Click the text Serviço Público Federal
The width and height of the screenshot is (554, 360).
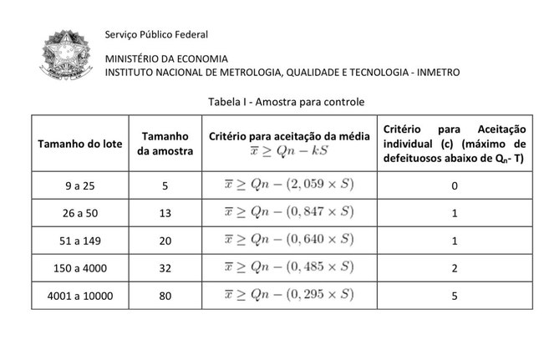point(156,34)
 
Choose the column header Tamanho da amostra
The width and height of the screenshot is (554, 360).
point(165,143)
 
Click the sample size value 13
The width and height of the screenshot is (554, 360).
point(165,213)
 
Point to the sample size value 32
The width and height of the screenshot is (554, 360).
point(165,268)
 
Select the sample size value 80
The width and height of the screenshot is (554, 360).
point(165,296)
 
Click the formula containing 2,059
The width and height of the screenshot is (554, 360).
point(289,185)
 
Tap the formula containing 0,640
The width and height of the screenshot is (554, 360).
point(289,240)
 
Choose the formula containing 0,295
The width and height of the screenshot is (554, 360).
point(289,295)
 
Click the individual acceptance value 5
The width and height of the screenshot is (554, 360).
point(454,296)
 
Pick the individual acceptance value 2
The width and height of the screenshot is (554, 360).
point(454,268)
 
